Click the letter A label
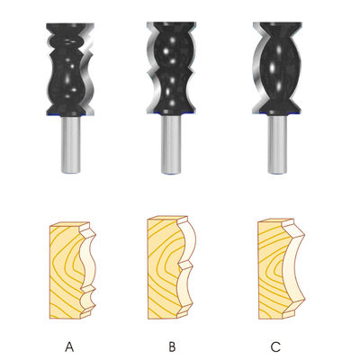(69, 346)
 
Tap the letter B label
(172, 346)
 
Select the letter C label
(275, 346)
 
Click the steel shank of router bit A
(71, 145)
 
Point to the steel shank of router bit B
(171, 144)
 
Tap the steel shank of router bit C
(277, 144)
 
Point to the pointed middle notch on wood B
(183, 264)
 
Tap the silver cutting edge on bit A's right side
(89, 69)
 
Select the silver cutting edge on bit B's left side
(151, 68)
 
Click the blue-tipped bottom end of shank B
(171, 173)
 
